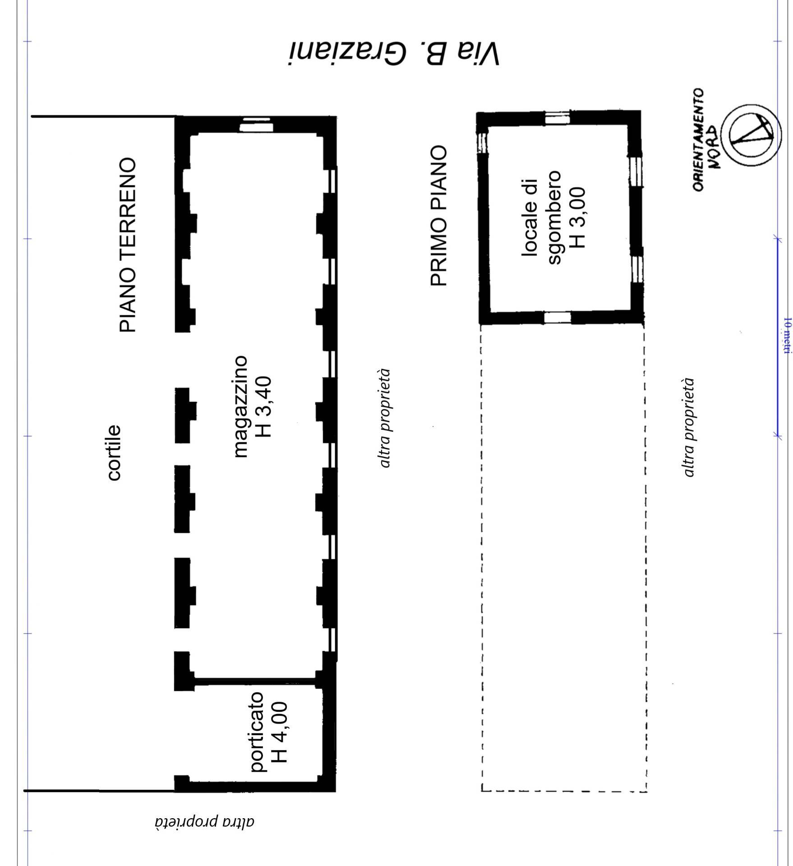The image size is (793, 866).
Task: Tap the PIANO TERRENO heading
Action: (x=127, y=245)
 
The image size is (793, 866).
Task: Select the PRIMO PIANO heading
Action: (x=438, y=216)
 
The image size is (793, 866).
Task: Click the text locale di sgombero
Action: (x=541, y=217)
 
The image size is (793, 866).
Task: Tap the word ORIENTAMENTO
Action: (x=698, y=140)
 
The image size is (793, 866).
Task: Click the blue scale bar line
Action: (x=777, y=336)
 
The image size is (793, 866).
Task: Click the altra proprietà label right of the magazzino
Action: (x=384, y=418)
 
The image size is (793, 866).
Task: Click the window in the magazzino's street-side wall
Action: (x=255, y=125)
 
